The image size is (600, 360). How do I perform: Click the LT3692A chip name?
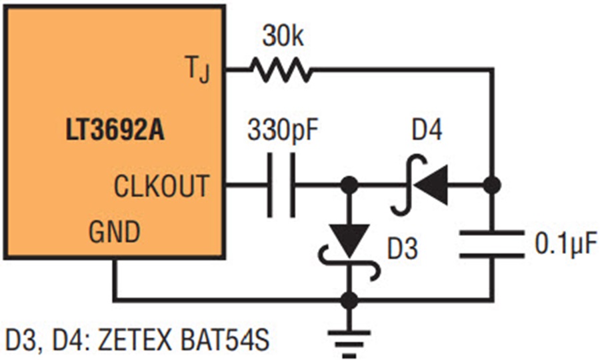pos(115,130)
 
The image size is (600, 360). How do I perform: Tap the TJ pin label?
pos(197,69)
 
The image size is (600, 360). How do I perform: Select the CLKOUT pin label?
pos(161,186)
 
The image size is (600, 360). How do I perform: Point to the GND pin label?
pos(115,231)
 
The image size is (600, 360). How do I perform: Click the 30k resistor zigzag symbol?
pos(281,71)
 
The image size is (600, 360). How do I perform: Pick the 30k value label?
pos(283,37)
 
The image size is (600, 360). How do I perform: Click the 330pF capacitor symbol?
pos(281,185)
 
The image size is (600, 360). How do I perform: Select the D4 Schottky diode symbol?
pos(420,185)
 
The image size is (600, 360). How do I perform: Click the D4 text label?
pos(427,130)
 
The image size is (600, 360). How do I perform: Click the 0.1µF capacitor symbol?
pos(492,244)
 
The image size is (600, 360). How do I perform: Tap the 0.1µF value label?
pos(565,244)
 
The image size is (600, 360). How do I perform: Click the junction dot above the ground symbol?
pos(349,300)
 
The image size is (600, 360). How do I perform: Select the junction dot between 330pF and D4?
pos(349,185)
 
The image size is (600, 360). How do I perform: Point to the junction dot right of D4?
pos(492,185)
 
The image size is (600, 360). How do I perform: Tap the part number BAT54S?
pos(225,340)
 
